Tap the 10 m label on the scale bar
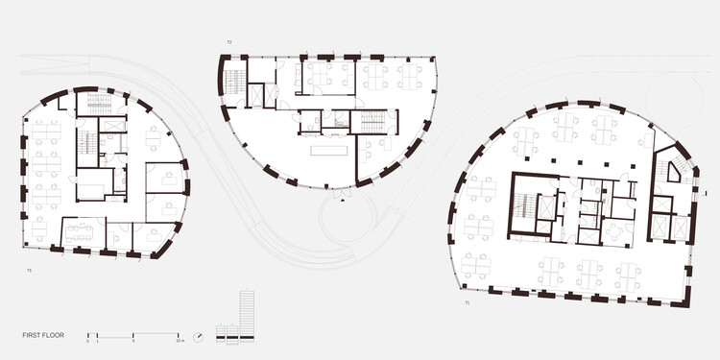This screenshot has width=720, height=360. point(180,342)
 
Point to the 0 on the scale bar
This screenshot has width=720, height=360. point(87,342)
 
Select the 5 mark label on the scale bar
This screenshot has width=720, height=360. point(133,342)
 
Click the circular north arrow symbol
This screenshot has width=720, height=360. point(198,336)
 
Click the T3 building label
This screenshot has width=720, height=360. point(30,272)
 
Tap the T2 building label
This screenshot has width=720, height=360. point(228,43)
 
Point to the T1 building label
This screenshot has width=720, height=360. point(468,304)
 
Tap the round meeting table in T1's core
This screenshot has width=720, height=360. point(612,230)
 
